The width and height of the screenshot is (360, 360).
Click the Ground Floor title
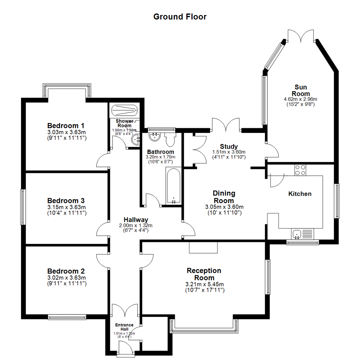pyautogui.click(x=180, y=17)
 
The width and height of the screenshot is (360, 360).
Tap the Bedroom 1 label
pyautogui.click(x=66, y=126)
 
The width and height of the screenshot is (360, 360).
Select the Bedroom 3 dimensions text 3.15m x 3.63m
pyautogui.click(x=67, y=207)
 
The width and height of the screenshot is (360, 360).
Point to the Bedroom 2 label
pyautogui.click(x=66, y=271)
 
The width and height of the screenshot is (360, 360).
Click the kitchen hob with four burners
pyautogui.click(x=300, y=170)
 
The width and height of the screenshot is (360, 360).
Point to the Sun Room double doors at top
pyautogui.click(x=301, y=36)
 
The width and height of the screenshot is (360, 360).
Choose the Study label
pyautogui.click(x=229, y=146)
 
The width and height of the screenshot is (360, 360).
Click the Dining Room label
pyautogui.click(x=224, y=197)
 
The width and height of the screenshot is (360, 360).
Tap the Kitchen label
pyautogui.click(x=300, y=194)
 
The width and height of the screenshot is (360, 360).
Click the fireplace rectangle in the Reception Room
pyautogui.click(x=203, y=247)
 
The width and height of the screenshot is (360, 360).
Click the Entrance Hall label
pyautogui.click(x=124, y=327)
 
